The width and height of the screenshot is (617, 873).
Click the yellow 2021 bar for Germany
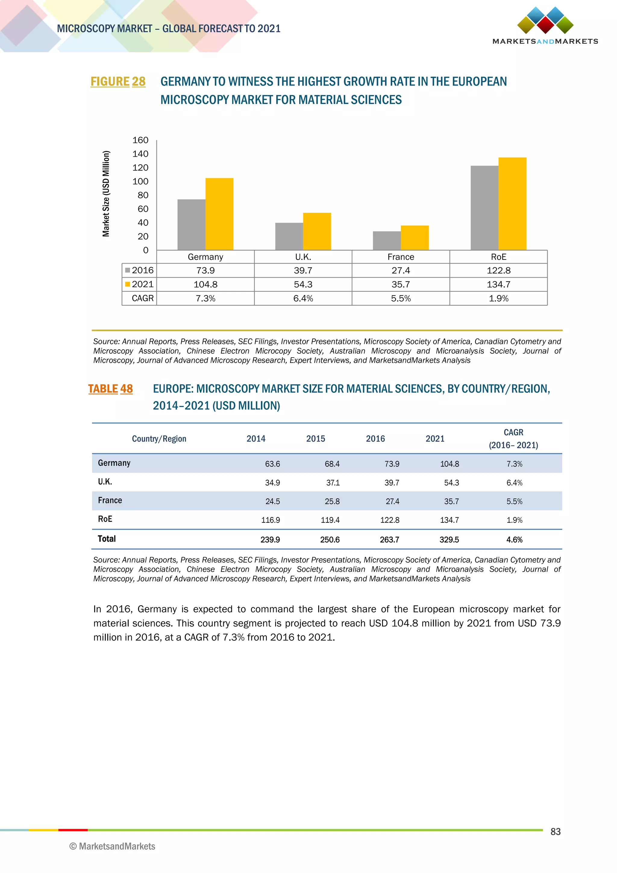point(219,214)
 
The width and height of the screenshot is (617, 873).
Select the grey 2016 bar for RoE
point(484,208)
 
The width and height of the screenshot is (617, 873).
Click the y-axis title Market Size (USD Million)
point(106,194)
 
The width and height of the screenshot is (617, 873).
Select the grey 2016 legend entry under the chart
point(139,270)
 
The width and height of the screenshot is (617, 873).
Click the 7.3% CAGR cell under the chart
point(205,298)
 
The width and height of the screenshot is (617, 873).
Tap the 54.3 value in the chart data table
point(303,284)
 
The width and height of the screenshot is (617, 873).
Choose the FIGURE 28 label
point(118,81)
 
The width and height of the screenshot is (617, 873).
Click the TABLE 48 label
point(110,389)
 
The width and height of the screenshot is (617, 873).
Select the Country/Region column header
point(159,439)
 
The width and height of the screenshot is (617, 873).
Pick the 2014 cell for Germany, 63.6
point(272,464)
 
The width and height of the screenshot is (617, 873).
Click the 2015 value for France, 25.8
point(332,502)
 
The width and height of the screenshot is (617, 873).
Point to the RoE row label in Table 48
point(105,519)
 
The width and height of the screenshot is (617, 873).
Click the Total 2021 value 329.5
point(449,540)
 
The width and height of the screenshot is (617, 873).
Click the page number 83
point(556,832)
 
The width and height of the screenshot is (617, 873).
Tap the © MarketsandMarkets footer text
point(112,846)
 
